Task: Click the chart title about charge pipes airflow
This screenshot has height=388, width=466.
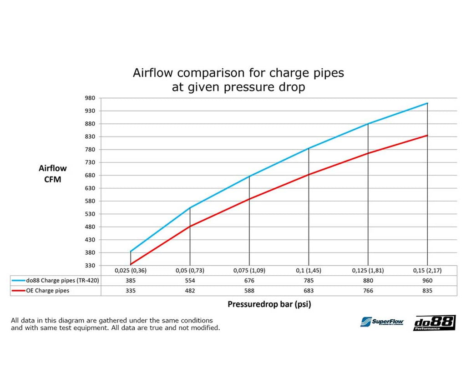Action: click(x=238, y=80)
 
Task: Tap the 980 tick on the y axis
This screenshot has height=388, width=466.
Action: click(x=90, y=98)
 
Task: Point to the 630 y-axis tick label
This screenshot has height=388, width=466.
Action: click(x=90, y=188)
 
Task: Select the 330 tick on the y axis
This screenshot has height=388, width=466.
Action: click(x=90, y=266)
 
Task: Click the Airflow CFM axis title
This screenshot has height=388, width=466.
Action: click(x=52, y=174)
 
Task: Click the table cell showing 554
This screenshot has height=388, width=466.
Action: click(x=190, y=281)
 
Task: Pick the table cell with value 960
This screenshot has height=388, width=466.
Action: click(x=427, y=281)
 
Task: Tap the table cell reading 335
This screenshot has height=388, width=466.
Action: click(x=130, y=291)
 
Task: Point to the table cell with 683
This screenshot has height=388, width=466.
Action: click(x=308, y=291)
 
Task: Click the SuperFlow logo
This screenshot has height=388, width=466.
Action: click(x=382, y=322)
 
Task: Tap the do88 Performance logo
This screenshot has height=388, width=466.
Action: click(x=434, y=323)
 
